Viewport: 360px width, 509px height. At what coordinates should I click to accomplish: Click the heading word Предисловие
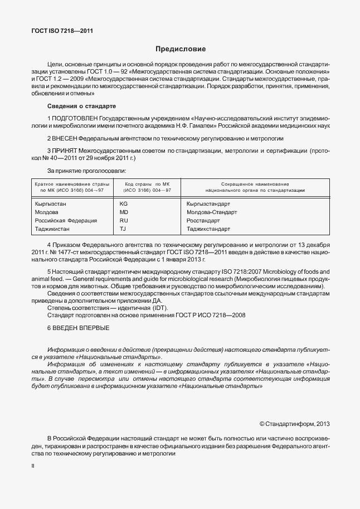[180, 49]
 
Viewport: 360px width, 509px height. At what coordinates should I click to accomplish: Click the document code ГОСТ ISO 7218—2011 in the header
[62, 31]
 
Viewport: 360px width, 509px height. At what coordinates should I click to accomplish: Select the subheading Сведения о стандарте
[81, 106]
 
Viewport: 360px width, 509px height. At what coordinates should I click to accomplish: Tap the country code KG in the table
[124, 204]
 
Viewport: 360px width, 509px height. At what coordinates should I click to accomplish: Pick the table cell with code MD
[124, 212]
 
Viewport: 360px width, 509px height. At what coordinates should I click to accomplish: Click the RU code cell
[124, 221]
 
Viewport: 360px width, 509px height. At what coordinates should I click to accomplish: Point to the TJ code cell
[123, 229]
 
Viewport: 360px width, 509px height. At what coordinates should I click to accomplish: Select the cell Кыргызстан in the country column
[50, 204]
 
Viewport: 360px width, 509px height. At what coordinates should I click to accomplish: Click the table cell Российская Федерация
[66, 221]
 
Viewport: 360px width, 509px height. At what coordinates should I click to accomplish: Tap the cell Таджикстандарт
[208, 229]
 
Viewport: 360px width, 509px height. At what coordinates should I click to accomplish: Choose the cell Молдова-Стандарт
[212, 212]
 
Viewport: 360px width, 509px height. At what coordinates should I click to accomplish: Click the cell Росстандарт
[203, 221]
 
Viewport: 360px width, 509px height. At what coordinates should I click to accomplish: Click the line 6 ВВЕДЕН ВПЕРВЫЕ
[78, 328]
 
